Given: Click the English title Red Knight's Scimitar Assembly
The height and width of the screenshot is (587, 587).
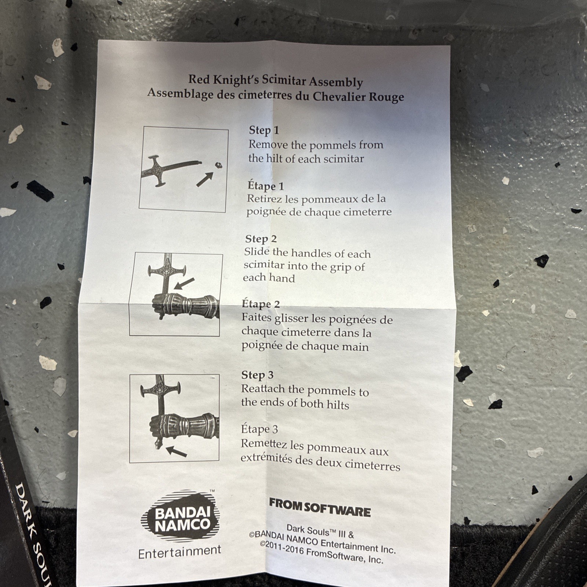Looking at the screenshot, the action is [x=276, y=81].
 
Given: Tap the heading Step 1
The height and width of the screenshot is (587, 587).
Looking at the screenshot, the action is [x=264, y=130].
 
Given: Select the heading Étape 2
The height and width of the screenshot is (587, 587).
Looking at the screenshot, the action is [x=260, y=304].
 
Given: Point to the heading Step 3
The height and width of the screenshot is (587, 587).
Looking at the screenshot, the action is [x=257, y=375].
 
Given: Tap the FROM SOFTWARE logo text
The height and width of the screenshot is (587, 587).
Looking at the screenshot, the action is [x=320, y=507].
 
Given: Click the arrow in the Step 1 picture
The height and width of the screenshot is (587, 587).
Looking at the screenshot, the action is [x=205, y=179].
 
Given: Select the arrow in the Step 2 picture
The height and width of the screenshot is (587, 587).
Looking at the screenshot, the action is [x=184, y=283].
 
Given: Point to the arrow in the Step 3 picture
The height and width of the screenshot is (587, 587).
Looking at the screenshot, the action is [x=176, y=451].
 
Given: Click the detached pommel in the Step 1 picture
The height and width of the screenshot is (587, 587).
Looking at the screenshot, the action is [x=218, y=165].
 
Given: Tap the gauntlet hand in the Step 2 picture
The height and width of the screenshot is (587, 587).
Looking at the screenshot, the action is [x=185, y=305].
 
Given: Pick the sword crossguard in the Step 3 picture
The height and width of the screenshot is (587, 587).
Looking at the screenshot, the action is [x=160, y=390].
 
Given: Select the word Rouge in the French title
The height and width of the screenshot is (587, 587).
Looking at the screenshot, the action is [x=386, y=97].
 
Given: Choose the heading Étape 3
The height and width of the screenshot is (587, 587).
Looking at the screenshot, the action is [x=259, y=429].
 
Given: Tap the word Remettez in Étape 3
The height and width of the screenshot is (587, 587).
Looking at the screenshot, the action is [x=264, y=444].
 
